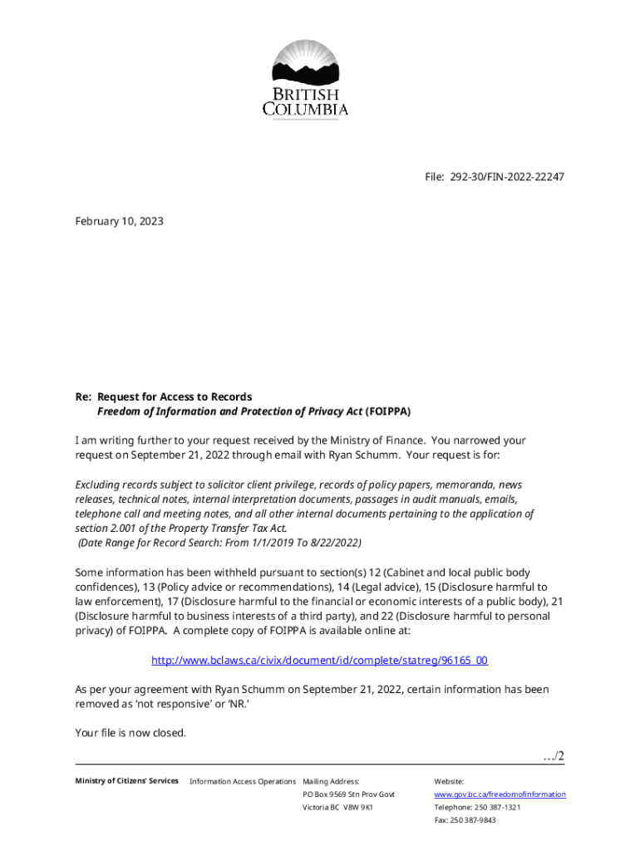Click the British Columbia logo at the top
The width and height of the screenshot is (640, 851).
pyautogui.click(x=306, y=79)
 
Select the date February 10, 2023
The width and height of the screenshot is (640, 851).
pyautogui.click(x=119, y=222)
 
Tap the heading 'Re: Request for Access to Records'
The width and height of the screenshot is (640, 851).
pyautogui.click(x=164, y=396)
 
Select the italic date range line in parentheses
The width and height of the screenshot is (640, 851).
pyautogui.click(x=219, y=543)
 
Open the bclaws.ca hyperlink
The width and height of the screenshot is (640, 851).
pyautogui.click(x=319, y=660)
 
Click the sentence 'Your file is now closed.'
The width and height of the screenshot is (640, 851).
pyautogui.click(x=130, y=733)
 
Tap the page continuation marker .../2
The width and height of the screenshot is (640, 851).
pyautogui.click(x=553, y=755)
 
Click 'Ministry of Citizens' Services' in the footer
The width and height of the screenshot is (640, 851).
pyautogui.click(x=126, y=781)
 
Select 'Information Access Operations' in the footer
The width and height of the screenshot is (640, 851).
pyautogui.click(x=243, y=781)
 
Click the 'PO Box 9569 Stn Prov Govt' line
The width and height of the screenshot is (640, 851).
pyautogui.click(x=349, y=794)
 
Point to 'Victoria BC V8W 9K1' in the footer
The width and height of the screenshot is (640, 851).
pyautogui.click(x=338, y=808)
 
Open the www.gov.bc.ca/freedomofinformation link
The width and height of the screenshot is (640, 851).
pyautogui.click(x=500, y=794)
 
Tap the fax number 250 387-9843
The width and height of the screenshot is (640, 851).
pyautogui.click(x=475, y=820)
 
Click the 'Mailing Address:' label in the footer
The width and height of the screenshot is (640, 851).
pyautogui.click(x=332, y=781)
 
